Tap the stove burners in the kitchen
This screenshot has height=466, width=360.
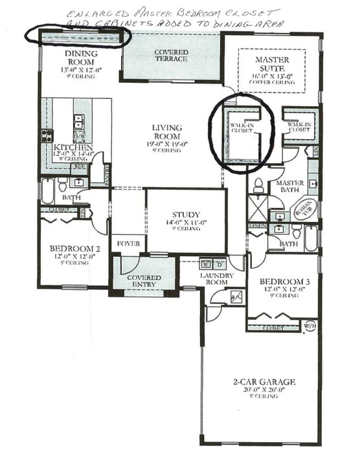pyautogui.click(x=47, y=135)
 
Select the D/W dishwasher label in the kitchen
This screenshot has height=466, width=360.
pyautogui.click(x=78, y=137)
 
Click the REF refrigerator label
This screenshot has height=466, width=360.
pyautogui.click(x=81, y=166)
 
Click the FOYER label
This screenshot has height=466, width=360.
pyautogui.click(x=128, y=243)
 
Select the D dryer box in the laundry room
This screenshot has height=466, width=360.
pyautogui.click(x=219, y=264)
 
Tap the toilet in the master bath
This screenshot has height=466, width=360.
pyautogui.click(x=258, y=184)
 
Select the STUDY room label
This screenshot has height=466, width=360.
pyautogui.click(x=186, y=215)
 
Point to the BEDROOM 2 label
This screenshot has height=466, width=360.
pyautogui.click(x=74, y=248)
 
